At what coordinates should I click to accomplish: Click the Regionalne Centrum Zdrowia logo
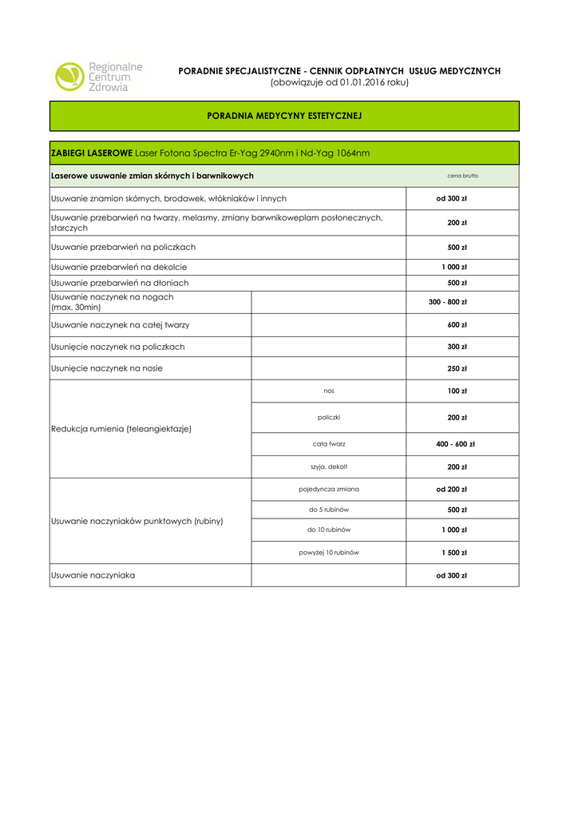(x=97, y=77)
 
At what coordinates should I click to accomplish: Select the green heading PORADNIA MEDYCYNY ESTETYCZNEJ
(x=284, y=116)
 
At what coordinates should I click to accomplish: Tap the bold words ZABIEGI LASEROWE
(x=92, y=153)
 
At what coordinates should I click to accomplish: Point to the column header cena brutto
(x=462, y=176)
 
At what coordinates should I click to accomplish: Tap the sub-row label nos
(x=329, y=391)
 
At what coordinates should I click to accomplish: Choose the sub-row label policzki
(x=329, y=417)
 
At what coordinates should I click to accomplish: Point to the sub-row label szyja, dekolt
(x=329, y=467)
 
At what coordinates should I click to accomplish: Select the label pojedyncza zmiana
(x=329, y=489)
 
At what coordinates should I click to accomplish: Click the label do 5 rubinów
(x=329, y=510)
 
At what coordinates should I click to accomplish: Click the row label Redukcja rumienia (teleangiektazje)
(x=121, y=429)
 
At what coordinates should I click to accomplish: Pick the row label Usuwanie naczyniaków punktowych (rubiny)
(x=137, y=521)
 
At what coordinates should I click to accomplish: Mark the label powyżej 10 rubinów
(x=329, y=552)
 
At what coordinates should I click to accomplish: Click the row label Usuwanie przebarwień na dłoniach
(x=120, y=283)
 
